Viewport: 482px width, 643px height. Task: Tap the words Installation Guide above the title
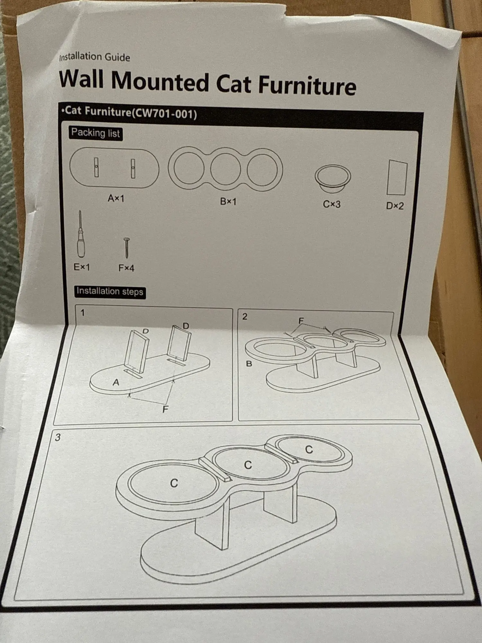[95, 57]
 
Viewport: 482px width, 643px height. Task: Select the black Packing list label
[95, 133]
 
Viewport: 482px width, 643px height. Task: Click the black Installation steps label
[110, 292]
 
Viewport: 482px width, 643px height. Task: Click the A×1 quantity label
[116, 198]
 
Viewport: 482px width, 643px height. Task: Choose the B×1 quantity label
[228, 201]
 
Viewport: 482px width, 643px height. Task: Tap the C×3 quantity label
[332, 204]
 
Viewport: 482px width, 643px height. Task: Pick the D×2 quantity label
[395, 205]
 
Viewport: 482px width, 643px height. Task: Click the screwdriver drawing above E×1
[80, 234]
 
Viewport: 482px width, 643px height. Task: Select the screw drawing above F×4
[127, 248]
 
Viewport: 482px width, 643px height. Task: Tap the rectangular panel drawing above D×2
[397, 177]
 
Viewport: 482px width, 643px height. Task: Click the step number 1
[83, 312]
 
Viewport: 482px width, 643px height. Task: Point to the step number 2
[245, 317]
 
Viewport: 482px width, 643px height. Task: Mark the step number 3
[58, 437]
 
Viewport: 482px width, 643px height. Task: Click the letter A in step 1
[116, 382]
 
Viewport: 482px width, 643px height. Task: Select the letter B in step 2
[249, 364]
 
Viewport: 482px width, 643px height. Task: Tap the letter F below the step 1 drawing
[165, 409]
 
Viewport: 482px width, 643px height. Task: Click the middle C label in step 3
[248, 465]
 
